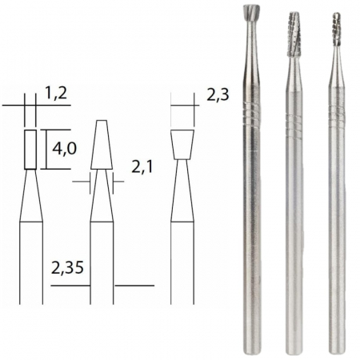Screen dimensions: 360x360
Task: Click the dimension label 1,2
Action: [55, 95]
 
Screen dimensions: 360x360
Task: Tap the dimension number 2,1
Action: [142, 168]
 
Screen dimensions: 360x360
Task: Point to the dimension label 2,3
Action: [217, 95]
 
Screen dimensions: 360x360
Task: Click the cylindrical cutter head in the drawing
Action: [30, 150]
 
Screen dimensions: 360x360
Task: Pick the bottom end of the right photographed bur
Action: [335, 349]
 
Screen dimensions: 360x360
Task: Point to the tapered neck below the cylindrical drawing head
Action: [30, 196]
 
